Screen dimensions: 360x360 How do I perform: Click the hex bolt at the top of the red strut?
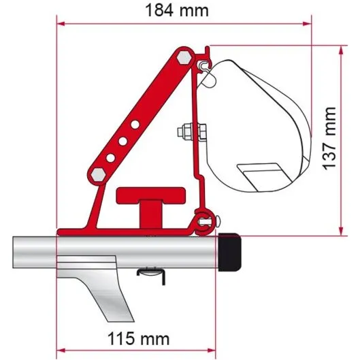point(182,59)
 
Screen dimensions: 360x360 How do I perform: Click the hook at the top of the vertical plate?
point(203,65)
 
